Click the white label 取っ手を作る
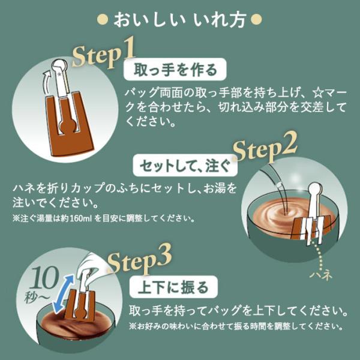tap(175, 70)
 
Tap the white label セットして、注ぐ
tap(185, 166)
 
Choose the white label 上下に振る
tap(173, 287)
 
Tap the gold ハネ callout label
tap(321, 274)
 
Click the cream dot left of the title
tap(103, 20)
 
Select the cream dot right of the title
tap(256, 20)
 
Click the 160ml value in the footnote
tap(80, 218)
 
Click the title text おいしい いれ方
tap(180, 20)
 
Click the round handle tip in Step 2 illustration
tap(315, 188)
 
